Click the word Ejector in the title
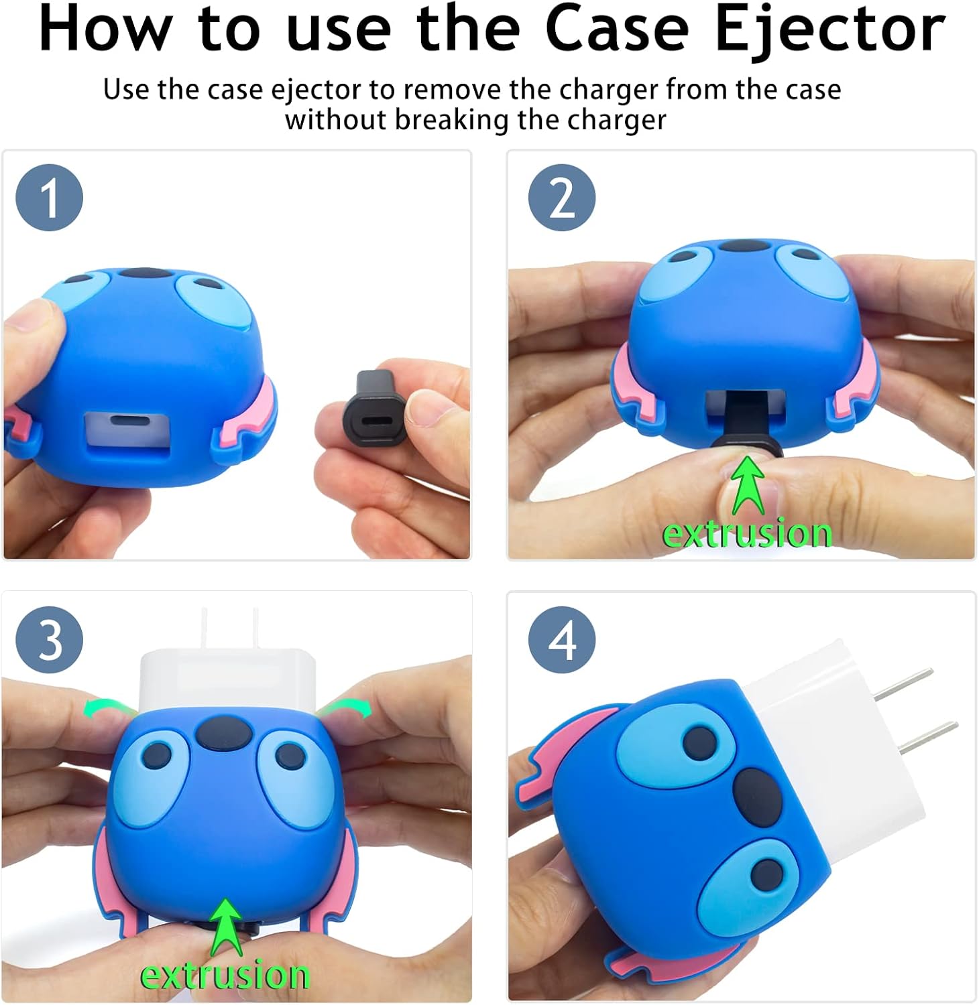click(x=830, y=30)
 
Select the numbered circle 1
click(x=50, y=198)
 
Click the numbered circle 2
click(x=562, y=198)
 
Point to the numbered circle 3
click(x=50, y=640)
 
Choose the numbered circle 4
click(x=562, y=640)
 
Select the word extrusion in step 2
click(x=747, y=534)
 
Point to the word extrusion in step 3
click(x=225, y=976)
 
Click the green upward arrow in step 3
click(x=226, y=927)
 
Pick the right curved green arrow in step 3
click(x=345, y=707)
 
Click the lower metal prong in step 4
click(x=925, y=738)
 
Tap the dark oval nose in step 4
click(x=758, y=797)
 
